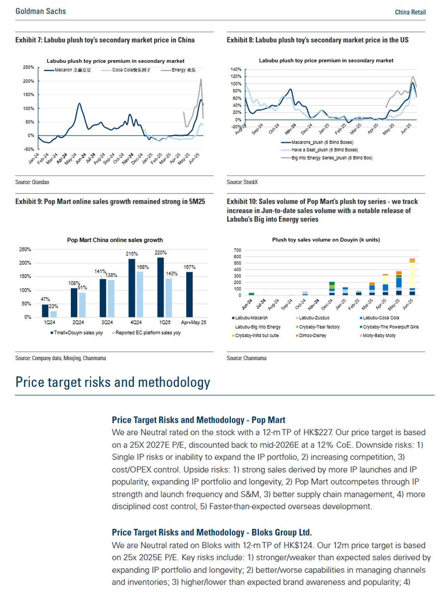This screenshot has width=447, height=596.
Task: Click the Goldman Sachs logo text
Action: click(41, 11)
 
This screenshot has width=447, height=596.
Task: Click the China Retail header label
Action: click(410, 12)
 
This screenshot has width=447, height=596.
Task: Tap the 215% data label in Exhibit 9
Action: click(132, 254)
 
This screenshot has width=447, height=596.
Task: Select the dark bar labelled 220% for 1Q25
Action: click(161, 287)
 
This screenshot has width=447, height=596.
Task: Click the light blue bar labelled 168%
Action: click(140, 294)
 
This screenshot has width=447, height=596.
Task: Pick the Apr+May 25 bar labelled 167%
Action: click(190, 294)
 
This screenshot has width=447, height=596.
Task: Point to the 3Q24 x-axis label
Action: click(107, 322)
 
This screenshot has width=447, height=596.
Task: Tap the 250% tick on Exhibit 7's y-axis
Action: click(29, 67)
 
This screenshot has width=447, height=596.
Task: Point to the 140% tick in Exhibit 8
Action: click(236, 69)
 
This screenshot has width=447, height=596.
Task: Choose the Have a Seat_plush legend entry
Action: click(324, 150)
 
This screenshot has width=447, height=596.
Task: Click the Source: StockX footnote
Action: click(242, 182)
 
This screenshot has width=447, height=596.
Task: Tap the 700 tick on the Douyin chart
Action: click(237, 250)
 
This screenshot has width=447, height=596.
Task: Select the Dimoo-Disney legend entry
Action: click(312, 336)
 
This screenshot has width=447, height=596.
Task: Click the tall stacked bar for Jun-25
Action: click(412, 277)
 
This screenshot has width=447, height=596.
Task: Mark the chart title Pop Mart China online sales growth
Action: click(115, 240)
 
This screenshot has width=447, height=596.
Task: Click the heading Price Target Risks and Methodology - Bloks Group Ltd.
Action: click(211, 533)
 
